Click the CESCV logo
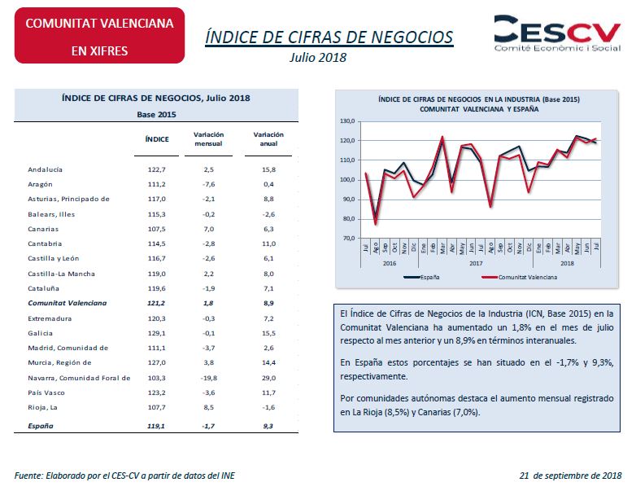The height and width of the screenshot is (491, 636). click(557, 33)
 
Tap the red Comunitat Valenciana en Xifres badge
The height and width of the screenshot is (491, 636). click(99, 35)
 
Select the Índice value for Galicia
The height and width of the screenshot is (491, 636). click(157, 333)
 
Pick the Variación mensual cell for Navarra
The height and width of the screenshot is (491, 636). click(208, 378)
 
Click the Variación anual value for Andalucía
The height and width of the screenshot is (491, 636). click(268, 169)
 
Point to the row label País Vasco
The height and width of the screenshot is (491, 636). click(46, 392)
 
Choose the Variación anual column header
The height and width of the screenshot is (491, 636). click(268, 139)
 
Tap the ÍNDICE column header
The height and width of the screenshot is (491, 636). click(157, 139)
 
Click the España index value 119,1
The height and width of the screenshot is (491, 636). click(156, 426)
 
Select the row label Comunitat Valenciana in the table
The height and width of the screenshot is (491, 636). click(68, 303)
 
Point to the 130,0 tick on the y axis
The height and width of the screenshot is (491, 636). click(347, 121)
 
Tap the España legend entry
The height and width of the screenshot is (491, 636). click(422, 278)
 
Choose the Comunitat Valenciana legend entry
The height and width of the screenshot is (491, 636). click(519, 278)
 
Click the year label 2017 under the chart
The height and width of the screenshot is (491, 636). click(476, 263)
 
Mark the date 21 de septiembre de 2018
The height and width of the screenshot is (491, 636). click(570, 476)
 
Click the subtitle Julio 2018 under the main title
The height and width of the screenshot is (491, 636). click(318, 58)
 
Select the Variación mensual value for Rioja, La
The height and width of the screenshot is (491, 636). click(208, 407)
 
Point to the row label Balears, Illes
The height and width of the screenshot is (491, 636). click(51, 214)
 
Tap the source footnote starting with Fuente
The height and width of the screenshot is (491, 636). click(124, 476)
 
